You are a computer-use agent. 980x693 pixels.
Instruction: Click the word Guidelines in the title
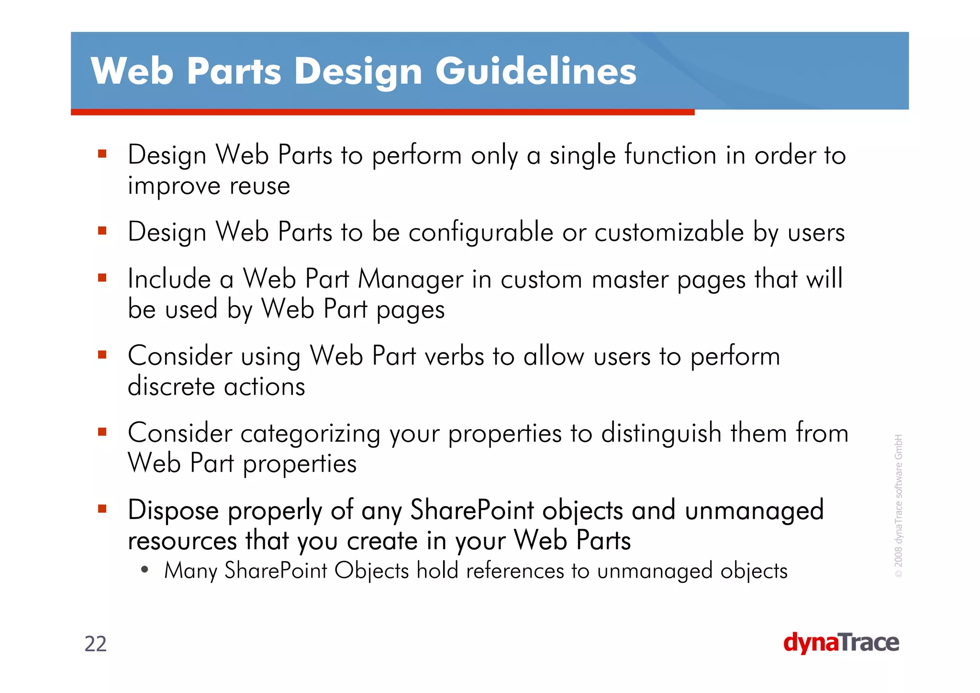(535, 71)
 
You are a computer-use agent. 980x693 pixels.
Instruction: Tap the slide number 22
(95, 644)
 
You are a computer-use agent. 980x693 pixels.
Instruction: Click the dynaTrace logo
(841, 643)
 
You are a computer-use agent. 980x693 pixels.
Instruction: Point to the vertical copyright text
(899, 505)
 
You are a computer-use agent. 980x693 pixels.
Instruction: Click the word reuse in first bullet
(260, 186)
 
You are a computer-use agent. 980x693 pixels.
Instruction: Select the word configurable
(480, 232)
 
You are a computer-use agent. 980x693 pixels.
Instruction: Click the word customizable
(669, 232)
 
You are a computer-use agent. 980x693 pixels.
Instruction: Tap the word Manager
(411, 279)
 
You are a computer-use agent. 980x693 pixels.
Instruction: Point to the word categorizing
(310, 433)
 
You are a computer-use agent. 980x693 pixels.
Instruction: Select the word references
(515, 571)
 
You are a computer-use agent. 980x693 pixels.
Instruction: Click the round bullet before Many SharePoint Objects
(145, 570)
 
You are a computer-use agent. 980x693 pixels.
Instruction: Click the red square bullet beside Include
(102, 278)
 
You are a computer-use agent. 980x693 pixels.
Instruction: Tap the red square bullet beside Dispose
(102, 509)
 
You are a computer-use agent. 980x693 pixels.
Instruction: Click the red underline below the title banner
(382, 112)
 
